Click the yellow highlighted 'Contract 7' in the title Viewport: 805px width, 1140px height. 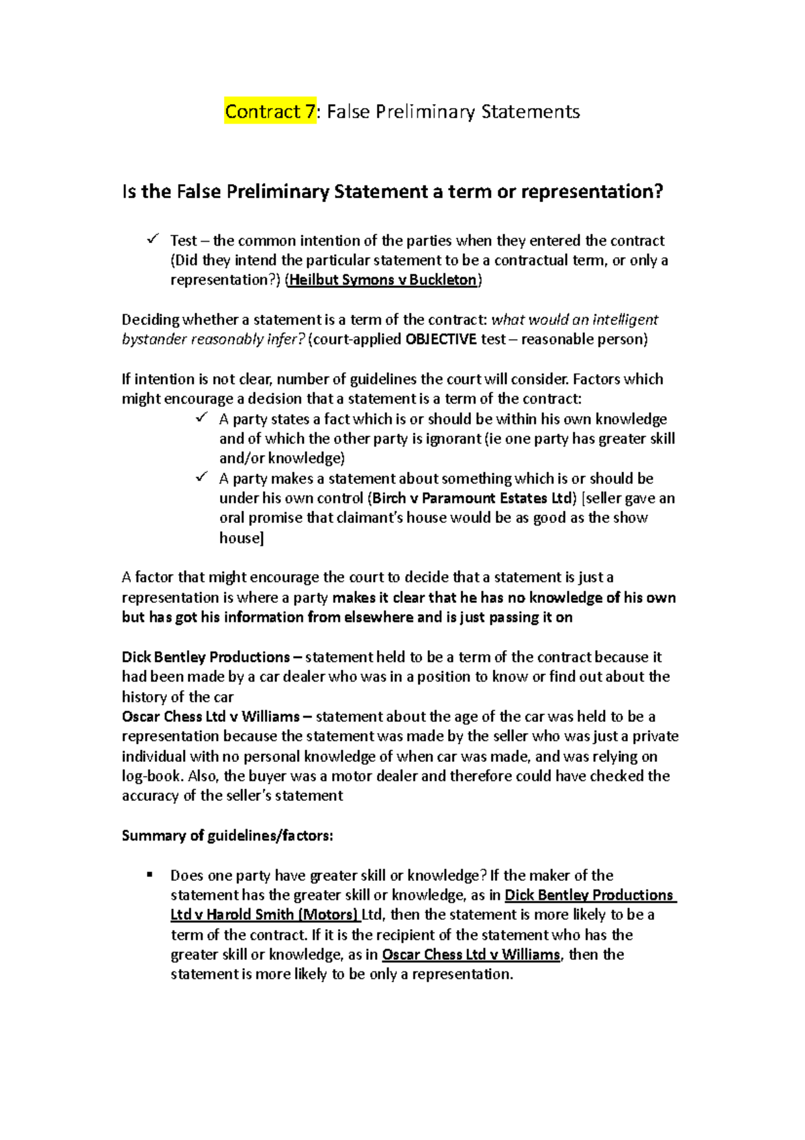[270, 111]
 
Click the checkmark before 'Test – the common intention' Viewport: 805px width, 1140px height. [152, 239]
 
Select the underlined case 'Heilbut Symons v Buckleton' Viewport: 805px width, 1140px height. [383, 280]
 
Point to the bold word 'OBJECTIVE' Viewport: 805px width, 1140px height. [441, 339]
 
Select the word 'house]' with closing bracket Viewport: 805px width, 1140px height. [241, 538]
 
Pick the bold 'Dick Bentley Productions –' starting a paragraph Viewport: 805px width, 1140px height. [212, 657]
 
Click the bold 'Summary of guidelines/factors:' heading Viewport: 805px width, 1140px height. [227, 836]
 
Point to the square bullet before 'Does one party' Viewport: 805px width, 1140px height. [150, 875]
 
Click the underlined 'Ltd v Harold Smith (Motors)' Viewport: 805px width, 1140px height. [265, 914]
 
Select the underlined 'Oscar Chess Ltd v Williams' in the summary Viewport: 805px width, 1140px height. [471, 954]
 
